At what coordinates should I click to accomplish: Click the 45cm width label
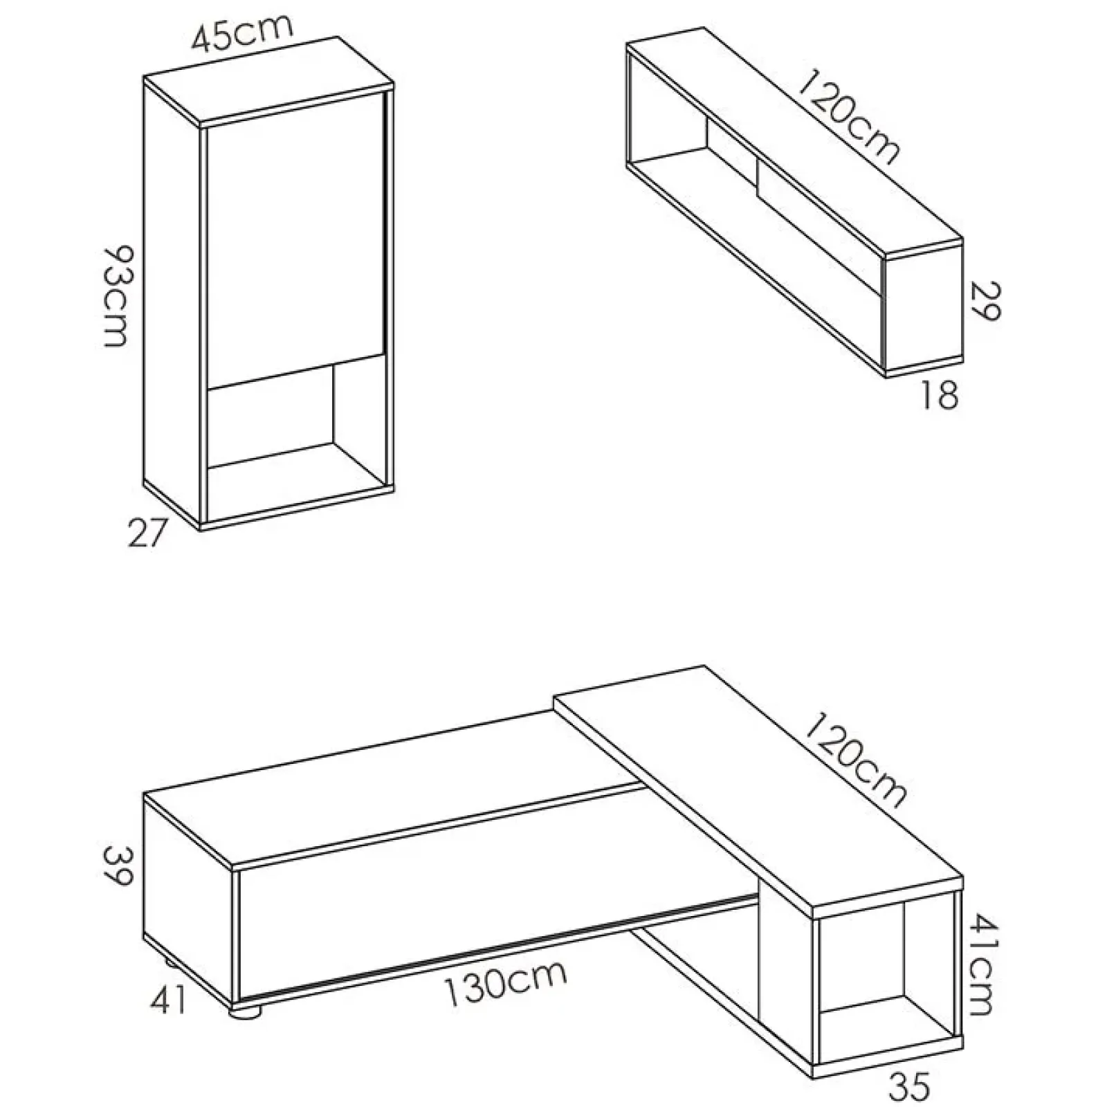(x=242, y=35)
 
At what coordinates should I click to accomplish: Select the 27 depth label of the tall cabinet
(x=148, y=533)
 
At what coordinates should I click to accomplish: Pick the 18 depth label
(x=939, y=397)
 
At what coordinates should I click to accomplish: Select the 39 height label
(x=115, y=866)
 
